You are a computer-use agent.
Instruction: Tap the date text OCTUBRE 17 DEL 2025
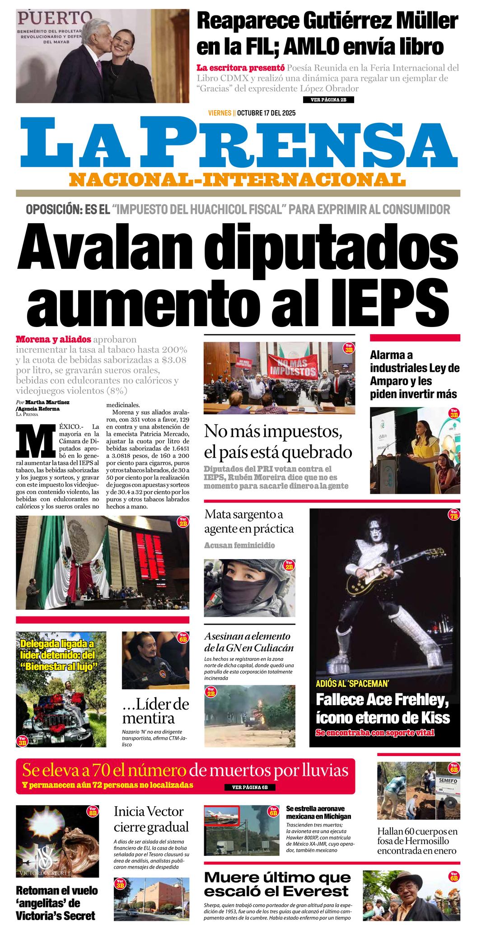266,113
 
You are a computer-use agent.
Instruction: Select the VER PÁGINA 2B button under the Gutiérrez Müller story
328,100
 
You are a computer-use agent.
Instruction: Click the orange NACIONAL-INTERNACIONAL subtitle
238,179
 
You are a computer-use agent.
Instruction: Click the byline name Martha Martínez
47,402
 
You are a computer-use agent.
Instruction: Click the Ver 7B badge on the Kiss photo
453,514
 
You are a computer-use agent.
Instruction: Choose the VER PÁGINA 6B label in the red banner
250,787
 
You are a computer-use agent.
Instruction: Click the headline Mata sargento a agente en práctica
249,521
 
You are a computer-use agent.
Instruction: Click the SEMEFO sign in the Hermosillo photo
448,780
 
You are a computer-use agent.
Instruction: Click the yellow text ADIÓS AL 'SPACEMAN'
352,683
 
